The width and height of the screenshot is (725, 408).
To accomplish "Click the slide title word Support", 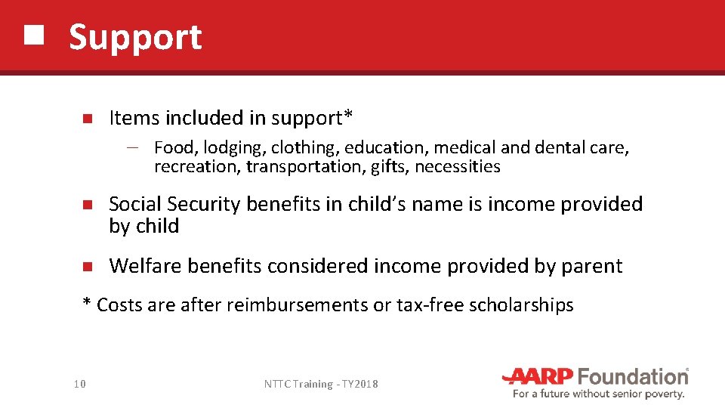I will [x=135, y=37].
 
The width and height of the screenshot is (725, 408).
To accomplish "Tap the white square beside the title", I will [x=32, y=35].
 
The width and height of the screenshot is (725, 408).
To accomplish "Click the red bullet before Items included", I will [x=87, y=119].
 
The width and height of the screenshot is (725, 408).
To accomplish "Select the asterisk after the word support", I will [x=348, y=116].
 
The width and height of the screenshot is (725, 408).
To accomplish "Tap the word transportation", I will [x=306, y=167].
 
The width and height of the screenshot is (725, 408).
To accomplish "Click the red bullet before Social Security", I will [x=87, y=205].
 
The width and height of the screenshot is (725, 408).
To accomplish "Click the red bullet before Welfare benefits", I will [x=87, y=267].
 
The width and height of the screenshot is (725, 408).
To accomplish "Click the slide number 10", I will [x=80, y=385].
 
